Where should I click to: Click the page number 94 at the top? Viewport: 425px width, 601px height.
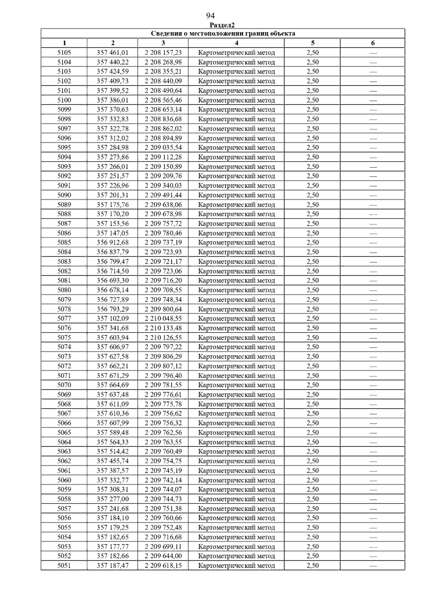210,16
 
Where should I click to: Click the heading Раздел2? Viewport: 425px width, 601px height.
222,25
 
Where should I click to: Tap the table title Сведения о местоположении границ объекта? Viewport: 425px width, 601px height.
223,34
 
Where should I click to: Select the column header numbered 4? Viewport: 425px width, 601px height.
236,43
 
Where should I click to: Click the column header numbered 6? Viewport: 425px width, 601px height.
373,43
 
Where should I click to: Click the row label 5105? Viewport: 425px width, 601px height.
64,53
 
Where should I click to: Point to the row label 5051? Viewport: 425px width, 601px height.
64,565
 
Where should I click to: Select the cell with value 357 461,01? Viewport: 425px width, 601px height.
113,53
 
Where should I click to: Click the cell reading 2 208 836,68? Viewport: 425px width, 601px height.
163,119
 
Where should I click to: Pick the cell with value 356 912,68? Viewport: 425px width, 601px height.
113,242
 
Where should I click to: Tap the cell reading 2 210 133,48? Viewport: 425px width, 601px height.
163,328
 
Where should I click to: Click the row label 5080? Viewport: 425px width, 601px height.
64,290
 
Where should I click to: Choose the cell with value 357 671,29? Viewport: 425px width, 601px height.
113,376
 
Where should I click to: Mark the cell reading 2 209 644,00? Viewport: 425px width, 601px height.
163,556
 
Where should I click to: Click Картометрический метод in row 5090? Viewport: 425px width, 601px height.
236,195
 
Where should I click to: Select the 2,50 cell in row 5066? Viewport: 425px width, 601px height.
312,423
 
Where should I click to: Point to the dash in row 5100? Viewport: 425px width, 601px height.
373,100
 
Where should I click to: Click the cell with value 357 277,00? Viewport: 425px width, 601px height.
113,499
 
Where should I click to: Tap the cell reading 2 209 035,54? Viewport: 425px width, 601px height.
163,148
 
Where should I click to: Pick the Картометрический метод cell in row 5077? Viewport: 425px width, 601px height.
236,319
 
